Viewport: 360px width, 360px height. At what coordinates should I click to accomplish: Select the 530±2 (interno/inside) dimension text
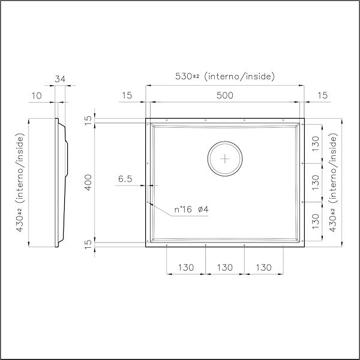[x=224, y=76]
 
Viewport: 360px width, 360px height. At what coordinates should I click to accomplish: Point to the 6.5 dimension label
[x=125, y=179]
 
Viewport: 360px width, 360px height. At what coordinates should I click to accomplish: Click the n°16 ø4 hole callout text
[x=191, y=209]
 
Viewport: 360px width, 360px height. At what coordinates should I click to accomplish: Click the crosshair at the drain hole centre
[x=225, y=159]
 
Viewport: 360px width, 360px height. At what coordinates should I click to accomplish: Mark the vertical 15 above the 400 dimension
[x=88, y=120]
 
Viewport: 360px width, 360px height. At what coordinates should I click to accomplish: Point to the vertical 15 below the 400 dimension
[x=88, y=244]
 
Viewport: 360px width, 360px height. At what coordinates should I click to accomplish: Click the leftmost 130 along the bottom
[x=185, y=266]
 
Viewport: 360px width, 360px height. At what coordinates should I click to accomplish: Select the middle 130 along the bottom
[x=224, y=266]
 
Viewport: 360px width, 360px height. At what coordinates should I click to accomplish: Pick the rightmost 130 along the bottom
[x=264, y=266]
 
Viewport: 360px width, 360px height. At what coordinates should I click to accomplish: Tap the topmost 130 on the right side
[x=316, y=143]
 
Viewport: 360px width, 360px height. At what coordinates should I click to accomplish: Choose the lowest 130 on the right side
[x=316, y=221]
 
